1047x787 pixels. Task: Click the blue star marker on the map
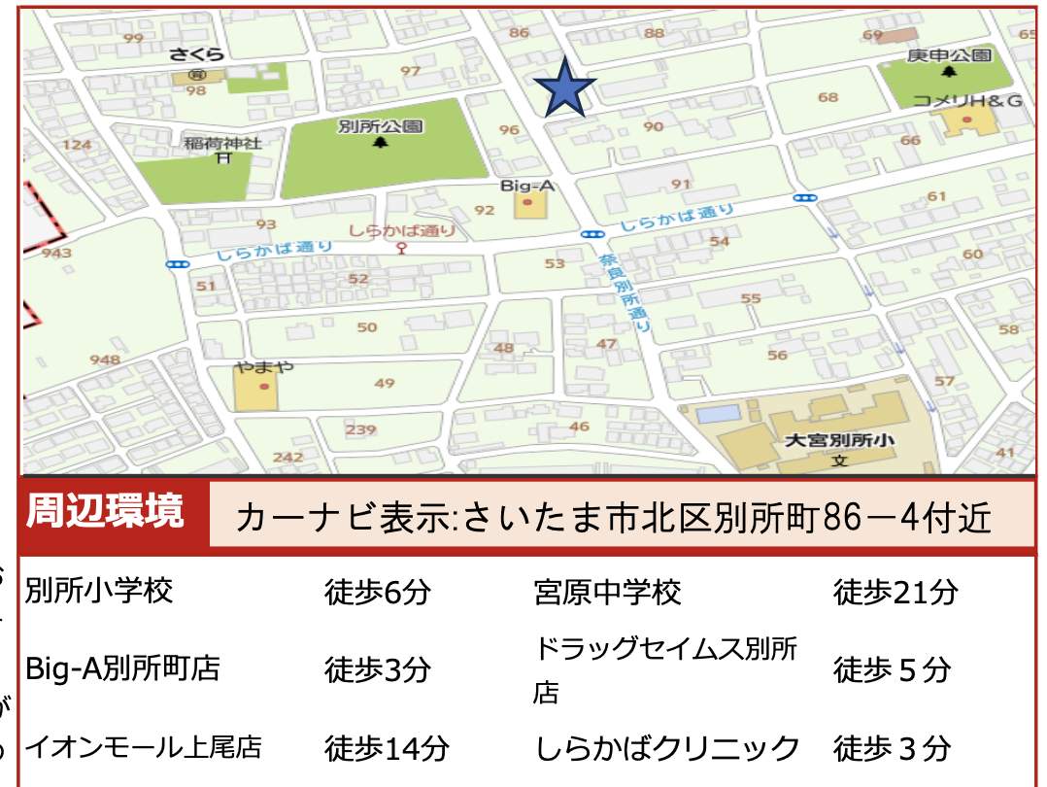tap(564, 88)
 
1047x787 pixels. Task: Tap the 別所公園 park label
tap(380, 126)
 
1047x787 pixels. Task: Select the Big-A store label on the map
tap(526, 184)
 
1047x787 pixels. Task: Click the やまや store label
tap(263, 367)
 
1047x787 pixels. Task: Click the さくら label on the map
tap(196, 54)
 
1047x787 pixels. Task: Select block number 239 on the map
tap(360, 429)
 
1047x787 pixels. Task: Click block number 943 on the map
tap(57, 253)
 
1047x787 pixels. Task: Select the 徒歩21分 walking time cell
tap(895, 592)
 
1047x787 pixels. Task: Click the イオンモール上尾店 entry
tap(144, 748)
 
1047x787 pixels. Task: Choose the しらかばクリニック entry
tap(667, 748)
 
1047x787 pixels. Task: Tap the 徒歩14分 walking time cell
tap(387, 749)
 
